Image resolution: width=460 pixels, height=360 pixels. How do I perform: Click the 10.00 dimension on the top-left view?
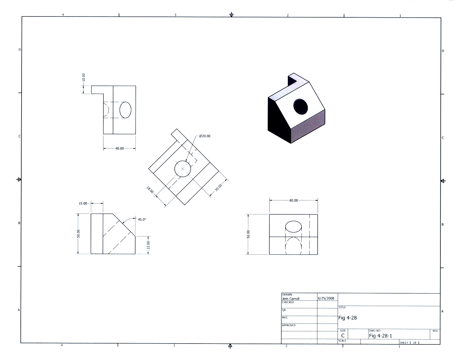click(83, 77)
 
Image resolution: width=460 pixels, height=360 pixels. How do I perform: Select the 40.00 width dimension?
click(119, 148)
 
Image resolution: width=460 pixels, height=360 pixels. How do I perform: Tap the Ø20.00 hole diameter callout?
click(205, 136)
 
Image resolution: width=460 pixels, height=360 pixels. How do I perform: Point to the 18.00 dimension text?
click(150, 190)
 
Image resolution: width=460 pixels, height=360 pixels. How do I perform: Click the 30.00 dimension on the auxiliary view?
click(218, 188)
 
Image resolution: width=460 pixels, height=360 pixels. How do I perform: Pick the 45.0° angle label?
click(142, 219)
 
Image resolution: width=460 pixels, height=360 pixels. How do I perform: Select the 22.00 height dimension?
click(148, 245)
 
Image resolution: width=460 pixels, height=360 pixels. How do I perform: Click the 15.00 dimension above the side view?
click(83, 203)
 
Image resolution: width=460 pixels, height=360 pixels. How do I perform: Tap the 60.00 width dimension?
click(294, 200)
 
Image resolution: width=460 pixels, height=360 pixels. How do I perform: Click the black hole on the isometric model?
click(301, 106)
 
